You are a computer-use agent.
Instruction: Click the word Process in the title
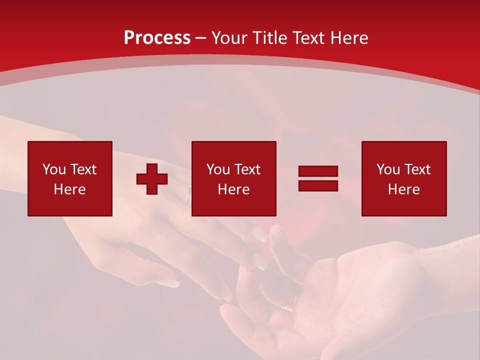tap(157, 38)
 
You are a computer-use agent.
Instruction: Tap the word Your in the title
tap(228, 38)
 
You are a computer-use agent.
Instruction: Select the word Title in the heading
tap(269, 38)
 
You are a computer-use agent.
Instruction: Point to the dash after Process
tap(201, 38)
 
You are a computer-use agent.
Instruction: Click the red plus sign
tap(152, 179)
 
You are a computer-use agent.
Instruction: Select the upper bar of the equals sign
tap(318, 171)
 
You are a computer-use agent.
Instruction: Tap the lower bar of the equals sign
tap(318, 185)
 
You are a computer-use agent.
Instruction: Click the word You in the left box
tap(53, 169)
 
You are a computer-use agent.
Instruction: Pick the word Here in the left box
tap(69, 189)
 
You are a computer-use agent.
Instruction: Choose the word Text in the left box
tap(82, 169)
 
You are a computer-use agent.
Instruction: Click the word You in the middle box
tap(217, 169)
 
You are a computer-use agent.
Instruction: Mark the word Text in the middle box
tap(246, 169)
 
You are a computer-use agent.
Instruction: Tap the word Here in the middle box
tap(233, 189)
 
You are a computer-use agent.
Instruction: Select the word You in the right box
tap(387, 169)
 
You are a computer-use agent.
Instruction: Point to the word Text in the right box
tap(416, 169)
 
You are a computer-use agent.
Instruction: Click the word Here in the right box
tap(403, 189)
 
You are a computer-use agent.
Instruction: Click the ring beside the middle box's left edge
tap(188, 196)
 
